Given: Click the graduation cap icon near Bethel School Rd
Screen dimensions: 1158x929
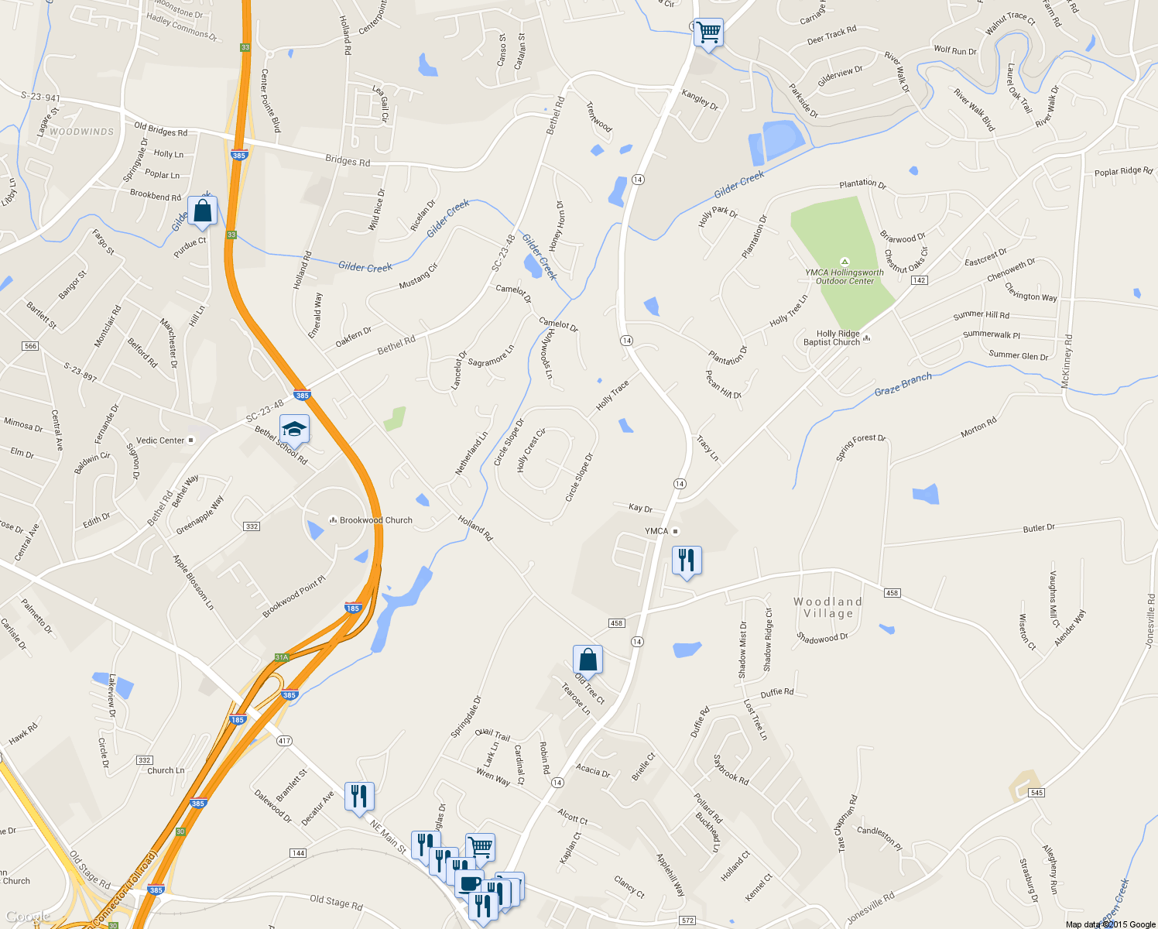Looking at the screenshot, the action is (294, 428).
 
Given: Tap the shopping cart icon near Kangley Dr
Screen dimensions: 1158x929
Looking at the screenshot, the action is (708, 33).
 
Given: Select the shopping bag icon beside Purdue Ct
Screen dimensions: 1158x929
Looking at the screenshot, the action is (202, 211).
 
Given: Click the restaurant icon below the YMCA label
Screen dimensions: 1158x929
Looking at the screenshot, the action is (687, 560).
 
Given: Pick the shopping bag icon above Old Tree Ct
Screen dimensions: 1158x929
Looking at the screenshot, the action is (588, 660).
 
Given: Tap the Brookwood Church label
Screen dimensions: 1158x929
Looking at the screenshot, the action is (375, 520).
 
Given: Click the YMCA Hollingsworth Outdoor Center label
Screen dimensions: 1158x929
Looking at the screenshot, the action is (845, 276).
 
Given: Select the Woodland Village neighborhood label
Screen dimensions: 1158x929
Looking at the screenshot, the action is (827, 608).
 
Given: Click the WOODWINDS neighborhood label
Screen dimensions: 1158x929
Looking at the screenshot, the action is (81, 132).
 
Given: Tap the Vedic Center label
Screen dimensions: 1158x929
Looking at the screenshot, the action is (161, 441).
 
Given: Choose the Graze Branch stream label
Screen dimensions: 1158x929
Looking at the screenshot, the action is (903, 385).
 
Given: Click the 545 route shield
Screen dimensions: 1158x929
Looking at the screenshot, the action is (1037, 793).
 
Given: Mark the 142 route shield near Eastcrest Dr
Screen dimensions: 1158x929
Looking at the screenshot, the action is (919, 280).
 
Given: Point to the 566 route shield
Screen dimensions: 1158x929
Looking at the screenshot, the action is (30, 346).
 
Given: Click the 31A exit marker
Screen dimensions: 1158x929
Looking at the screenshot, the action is (282, 657).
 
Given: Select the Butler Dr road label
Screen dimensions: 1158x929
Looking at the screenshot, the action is (1039, 528).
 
